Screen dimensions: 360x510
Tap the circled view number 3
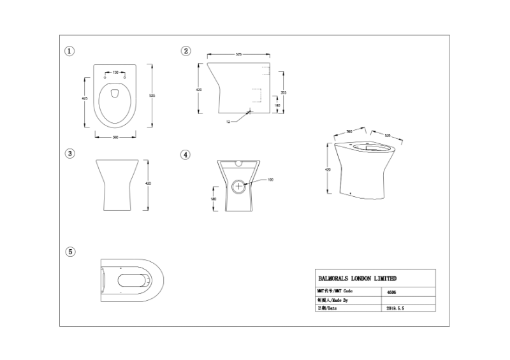[70, 154]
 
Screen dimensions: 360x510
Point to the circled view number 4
[186, 154]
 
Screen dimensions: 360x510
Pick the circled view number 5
[70, 252]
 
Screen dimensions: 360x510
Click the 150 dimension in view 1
[115, 72]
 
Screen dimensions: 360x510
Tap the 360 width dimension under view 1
[115, 136]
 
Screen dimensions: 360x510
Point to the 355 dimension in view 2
[283, 92]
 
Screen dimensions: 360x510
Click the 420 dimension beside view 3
[149, 184]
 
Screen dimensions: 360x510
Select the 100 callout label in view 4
[270, 180]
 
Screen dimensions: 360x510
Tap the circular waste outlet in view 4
[240, 187]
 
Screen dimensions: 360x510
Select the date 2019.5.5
[396, 307]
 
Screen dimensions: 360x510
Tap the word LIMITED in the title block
[384, 278]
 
